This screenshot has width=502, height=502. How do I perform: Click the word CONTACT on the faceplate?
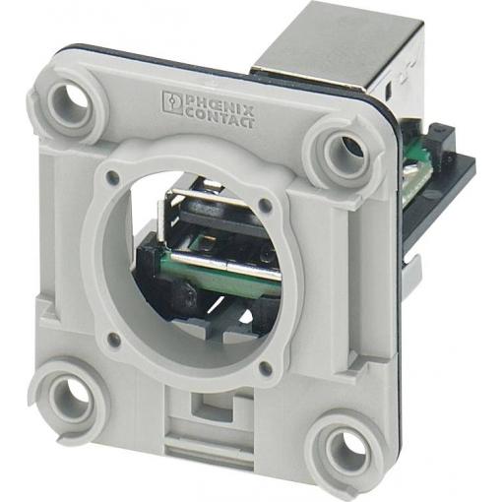pyautogui.click(x=220, y=119)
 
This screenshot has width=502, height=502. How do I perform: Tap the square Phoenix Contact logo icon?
pyautogui.click(x=172, y=102)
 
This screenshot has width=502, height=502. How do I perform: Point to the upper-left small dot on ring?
pyautogui.click(x=113, y=177)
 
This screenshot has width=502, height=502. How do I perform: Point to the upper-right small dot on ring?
pyautogui.click(x=265, y=205)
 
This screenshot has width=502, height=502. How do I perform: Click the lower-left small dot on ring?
pyautogui.click(x=112, y=337)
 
